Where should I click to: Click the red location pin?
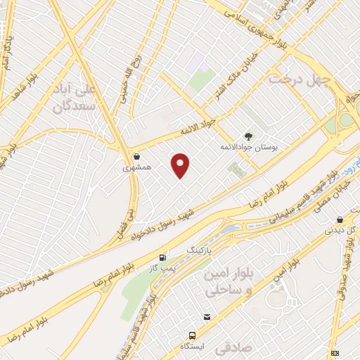[181, 165]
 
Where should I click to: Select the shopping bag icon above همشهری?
[136, 156]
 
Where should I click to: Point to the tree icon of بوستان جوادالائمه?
[247, 136]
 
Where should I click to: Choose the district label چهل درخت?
[300, 79]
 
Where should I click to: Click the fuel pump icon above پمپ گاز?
[164, 258]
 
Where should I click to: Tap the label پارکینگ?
[197, 250]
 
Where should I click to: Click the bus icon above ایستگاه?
[191, 336]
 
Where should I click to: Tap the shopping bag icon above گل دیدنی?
[340, 219]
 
